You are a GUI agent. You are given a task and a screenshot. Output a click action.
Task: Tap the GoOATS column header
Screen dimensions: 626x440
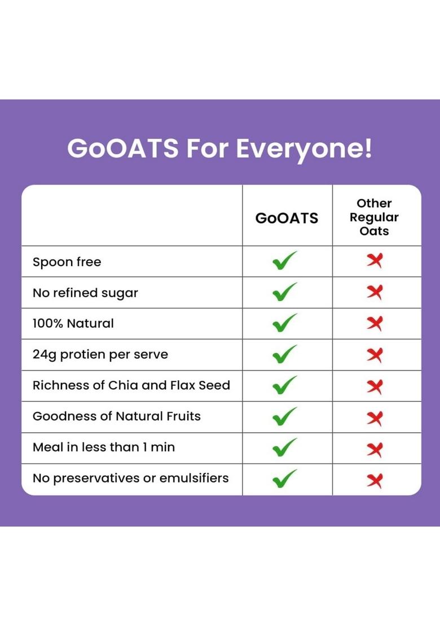287,218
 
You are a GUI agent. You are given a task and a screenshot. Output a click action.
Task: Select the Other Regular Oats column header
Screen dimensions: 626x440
374,217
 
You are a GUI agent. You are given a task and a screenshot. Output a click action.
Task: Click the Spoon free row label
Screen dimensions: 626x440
67,262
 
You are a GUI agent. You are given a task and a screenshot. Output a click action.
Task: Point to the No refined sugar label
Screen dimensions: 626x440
85,293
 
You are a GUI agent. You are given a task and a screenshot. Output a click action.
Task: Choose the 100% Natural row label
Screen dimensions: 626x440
73,324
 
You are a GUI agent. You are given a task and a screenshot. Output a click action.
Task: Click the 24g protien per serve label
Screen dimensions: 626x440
100,355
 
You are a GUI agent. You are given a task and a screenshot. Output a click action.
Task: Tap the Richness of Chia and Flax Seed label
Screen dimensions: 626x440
131,385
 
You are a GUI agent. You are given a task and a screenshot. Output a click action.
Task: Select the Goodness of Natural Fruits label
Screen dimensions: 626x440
117,416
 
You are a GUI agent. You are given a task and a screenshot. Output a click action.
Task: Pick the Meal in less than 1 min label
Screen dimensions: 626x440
104,447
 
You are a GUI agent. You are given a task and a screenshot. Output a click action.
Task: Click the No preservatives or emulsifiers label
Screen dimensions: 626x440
131,478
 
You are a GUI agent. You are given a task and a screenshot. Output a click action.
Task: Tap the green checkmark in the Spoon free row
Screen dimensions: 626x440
284,261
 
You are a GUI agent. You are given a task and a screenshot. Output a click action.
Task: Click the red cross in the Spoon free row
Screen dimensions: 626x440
374,261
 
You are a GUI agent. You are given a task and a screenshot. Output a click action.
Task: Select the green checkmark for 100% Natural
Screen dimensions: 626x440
284,323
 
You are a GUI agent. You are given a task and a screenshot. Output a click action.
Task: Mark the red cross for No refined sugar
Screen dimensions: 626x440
374,292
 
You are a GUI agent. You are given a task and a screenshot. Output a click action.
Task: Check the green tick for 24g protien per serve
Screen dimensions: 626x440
284,354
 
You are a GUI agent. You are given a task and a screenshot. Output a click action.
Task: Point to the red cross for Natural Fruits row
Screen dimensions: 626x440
374,418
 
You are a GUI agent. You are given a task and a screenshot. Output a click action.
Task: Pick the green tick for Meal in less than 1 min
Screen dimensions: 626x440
284,447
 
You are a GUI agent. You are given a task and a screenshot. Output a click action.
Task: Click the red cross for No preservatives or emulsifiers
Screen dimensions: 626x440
374,480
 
